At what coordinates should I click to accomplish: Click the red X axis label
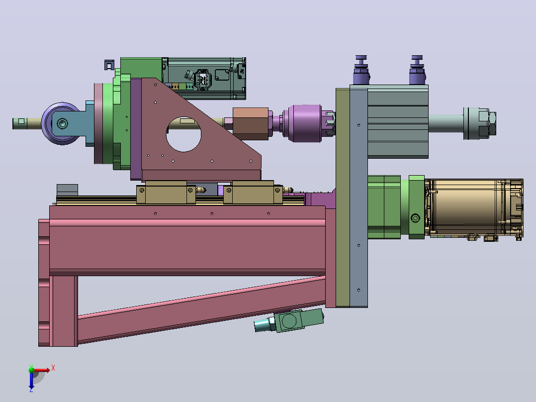click(x=53, y=368)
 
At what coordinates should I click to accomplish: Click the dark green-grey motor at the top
click(x=204, y=78)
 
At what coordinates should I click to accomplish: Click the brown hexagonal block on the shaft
click(x=251, y=123)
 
